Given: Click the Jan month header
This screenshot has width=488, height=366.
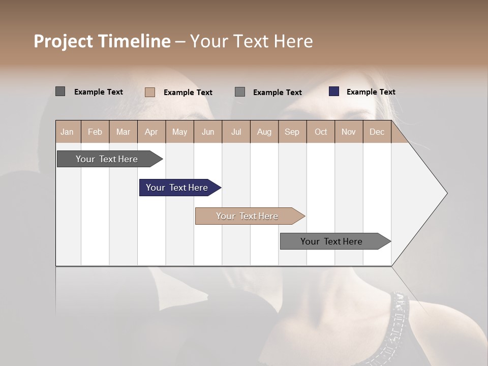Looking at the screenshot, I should pyautogui.click(x=68, y=132).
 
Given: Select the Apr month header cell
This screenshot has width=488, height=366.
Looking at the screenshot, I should pyautogui.click(x=151, y=132).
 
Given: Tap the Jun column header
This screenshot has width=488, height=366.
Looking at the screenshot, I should pyautogui.click(x=208, y=132).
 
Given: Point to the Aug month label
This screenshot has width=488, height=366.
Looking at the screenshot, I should pyautogui.click(x=264, y=132).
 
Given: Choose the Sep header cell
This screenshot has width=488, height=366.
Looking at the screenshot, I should pyautogui.click(x=292, y=132).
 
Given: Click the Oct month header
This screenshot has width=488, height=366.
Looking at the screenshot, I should pyautogui.click(x=321, y=132).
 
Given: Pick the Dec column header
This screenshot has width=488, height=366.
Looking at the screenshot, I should pyautogui.click(x=377, y=132).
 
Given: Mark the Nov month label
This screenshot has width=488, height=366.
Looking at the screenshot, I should pyautogui.click(x=349, y=132).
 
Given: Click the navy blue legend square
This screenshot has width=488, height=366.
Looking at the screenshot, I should pyautogui.click(x=334, y=91).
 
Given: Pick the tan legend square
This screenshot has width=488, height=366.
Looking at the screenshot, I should pyautogui.click(x=150, y=92).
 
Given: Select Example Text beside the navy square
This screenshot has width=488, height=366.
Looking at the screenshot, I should pyautogui.click(x=371, y=92).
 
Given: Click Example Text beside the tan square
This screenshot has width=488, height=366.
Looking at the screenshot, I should pyautogui.click(x=188, y=93).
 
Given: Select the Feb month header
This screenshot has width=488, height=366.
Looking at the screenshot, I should pyautogui.click(x=95, y=132).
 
